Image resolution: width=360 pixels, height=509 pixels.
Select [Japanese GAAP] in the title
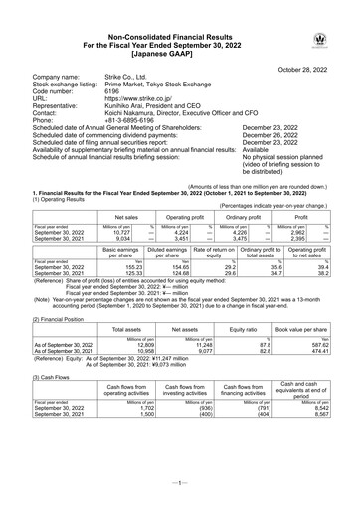pyautogui.click(x=179, y=49)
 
